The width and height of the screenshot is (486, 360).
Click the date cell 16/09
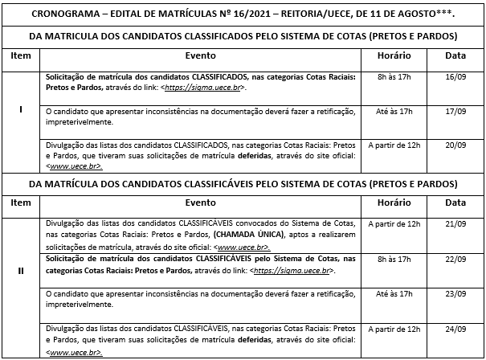[455, 82]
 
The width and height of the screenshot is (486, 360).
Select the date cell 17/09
[455, 114]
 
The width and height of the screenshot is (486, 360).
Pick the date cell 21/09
[455, 223]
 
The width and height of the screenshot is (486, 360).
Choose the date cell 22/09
[455, 259]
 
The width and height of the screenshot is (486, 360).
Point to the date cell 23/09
[455, 295]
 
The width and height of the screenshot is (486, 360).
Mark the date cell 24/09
[455, 329]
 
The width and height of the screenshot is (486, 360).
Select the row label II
[20, 271]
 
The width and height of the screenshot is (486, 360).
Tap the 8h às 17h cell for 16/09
[393, 82]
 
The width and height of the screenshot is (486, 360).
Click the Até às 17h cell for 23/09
[393, 295]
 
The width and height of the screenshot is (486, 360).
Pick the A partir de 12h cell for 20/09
[393, 146]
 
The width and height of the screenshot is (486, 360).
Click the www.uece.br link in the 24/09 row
[74, 353]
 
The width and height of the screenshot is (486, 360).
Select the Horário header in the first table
[393, 56]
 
